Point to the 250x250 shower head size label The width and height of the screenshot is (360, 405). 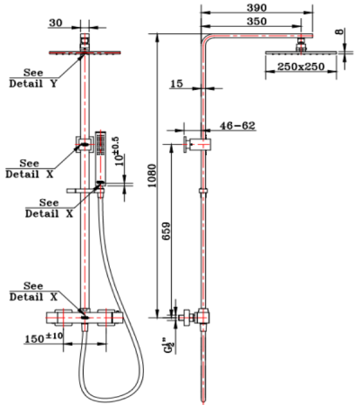(301, 67)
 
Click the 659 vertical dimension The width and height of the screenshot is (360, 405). (165, 235)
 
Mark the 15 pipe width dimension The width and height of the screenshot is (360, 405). (175, 84)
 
